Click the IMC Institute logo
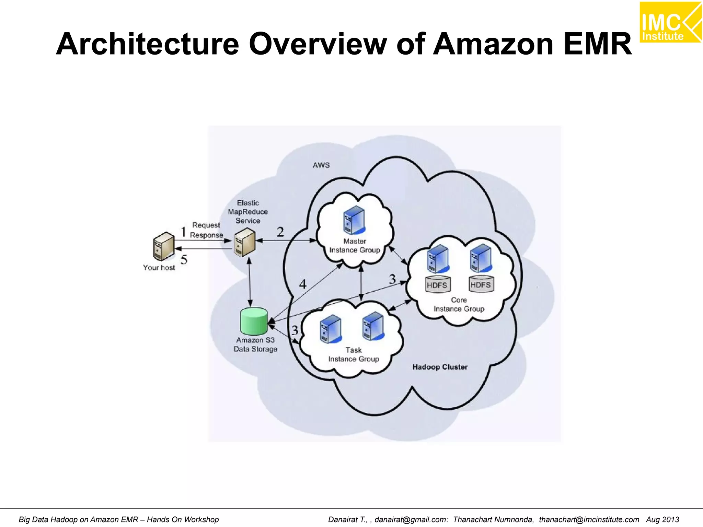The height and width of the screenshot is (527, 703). tap(670, 22)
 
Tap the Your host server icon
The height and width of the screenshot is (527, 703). tap(163, 246)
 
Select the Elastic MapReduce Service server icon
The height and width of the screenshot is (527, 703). tap(245, 242)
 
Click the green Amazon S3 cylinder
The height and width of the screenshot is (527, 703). tap(254, 321)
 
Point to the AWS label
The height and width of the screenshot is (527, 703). tap(321, 165)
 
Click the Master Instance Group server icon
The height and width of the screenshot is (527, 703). tap(354, 220)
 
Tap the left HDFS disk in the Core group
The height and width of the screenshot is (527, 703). tap(437, 284)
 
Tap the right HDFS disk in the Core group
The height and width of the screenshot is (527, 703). tap(481, 284)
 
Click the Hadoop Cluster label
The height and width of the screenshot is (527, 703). tap(440, 367)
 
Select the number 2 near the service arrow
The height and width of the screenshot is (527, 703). tap(280, 232)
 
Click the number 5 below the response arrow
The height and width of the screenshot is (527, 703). tap(184, 260)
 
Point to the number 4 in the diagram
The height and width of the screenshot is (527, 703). tap(302, 284)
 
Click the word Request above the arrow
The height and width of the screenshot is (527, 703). tap(206, 225)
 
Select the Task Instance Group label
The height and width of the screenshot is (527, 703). tap(354, 354)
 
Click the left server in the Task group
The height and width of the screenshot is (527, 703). tap(330, 329)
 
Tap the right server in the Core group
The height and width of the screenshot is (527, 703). tap(481, 258)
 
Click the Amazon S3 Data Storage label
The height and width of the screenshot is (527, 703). tap(255, 344)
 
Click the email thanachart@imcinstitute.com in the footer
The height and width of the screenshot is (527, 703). tap(589, 519)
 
